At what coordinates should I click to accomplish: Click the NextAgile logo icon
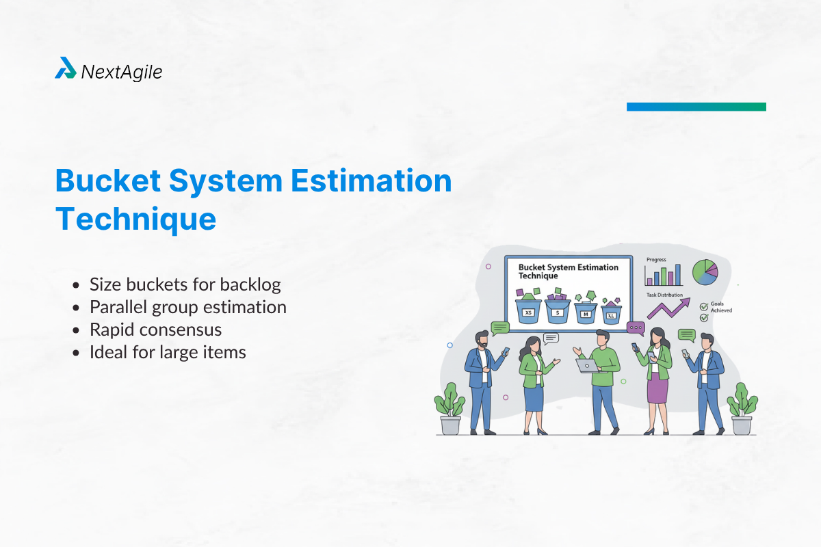pyautogui.click(x=66, y=68)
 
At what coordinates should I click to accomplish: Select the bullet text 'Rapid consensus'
pyautogui.click(x=156, y=330)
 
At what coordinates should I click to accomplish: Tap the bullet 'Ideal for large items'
pyautogui.click(x=168, y=353)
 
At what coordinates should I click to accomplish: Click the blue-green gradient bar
pyautogui.click(x=696, y=107)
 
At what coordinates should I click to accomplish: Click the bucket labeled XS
pyautogui.click(x=528, y=312)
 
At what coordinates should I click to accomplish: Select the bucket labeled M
pyautogui.click(x=586, y=313)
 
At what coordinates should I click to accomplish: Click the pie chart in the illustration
pyautogui.click(x=705, y=272)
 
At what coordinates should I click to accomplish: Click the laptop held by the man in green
pyautogui.click(x=586, y=366)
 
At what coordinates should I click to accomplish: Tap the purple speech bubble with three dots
pyautogui.click(x=636, y=328)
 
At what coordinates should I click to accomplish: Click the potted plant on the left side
pyautogui.click(x=449, y=408)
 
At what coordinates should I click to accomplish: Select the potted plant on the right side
pyautogui.click(x=742, y=408)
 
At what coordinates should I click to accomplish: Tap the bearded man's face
pyautogui.click(x=482, y=341)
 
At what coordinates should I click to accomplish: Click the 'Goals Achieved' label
pyautogui.click(x=720, y=307)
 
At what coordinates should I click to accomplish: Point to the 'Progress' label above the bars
pyautogui.click(x=655, y=260)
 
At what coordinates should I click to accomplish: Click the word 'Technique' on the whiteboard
pyautogui.click(x=538, y=276)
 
